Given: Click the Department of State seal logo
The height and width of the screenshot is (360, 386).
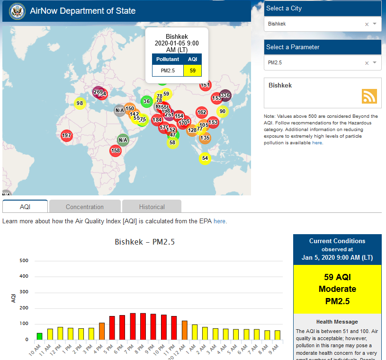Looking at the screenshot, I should (17, 11).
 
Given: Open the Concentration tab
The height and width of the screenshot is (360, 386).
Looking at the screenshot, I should (85, 207).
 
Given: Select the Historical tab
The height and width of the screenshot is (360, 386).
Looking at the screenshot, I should (152, 207).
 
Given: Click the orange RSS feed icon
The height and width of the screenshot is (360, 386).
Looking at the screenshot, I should (369, 96).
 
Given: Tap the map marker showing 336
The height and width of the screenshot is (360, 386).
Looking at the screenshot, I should (225, 96).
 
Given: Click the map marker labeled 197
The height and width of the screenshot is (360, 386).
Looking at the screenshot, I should (67, 136).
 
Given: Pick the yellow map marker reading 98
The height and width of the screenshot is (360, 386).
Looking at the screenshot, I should (80, 104).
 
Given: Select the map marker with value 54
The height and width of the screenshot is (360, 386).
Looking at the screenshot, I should (205, 158).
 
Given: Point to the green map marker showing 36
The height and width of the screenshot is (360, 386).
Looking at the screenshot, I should (146, 101).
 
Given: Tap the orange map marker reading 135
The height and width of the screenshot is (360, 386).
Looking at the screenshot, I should (205, 138).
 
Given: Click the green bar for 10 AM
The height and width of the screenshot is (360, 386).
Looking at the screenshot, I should (39, 336).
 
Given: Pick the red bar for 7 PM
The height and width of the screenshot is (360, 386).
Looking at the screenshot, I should (133, 326).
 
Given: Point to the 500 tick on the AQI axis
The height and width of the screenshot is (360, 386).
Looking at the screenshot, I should (24, 261).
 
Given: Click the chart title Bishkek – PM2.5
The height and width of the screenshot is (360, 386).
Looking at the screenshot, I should (145, 242).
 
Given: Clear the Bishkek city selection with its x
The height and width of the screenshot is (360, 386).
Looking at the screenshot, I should (367, 24).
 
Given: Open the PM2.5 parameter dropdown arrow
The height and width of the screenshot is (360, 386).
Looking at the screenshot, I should (375, 62).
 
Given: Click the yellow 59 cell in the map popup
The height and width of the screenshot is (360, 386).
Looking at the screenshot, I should (192, 70).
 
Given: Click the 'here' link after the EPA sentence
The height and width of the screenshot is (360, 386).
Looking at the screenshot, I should (219, 221).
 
